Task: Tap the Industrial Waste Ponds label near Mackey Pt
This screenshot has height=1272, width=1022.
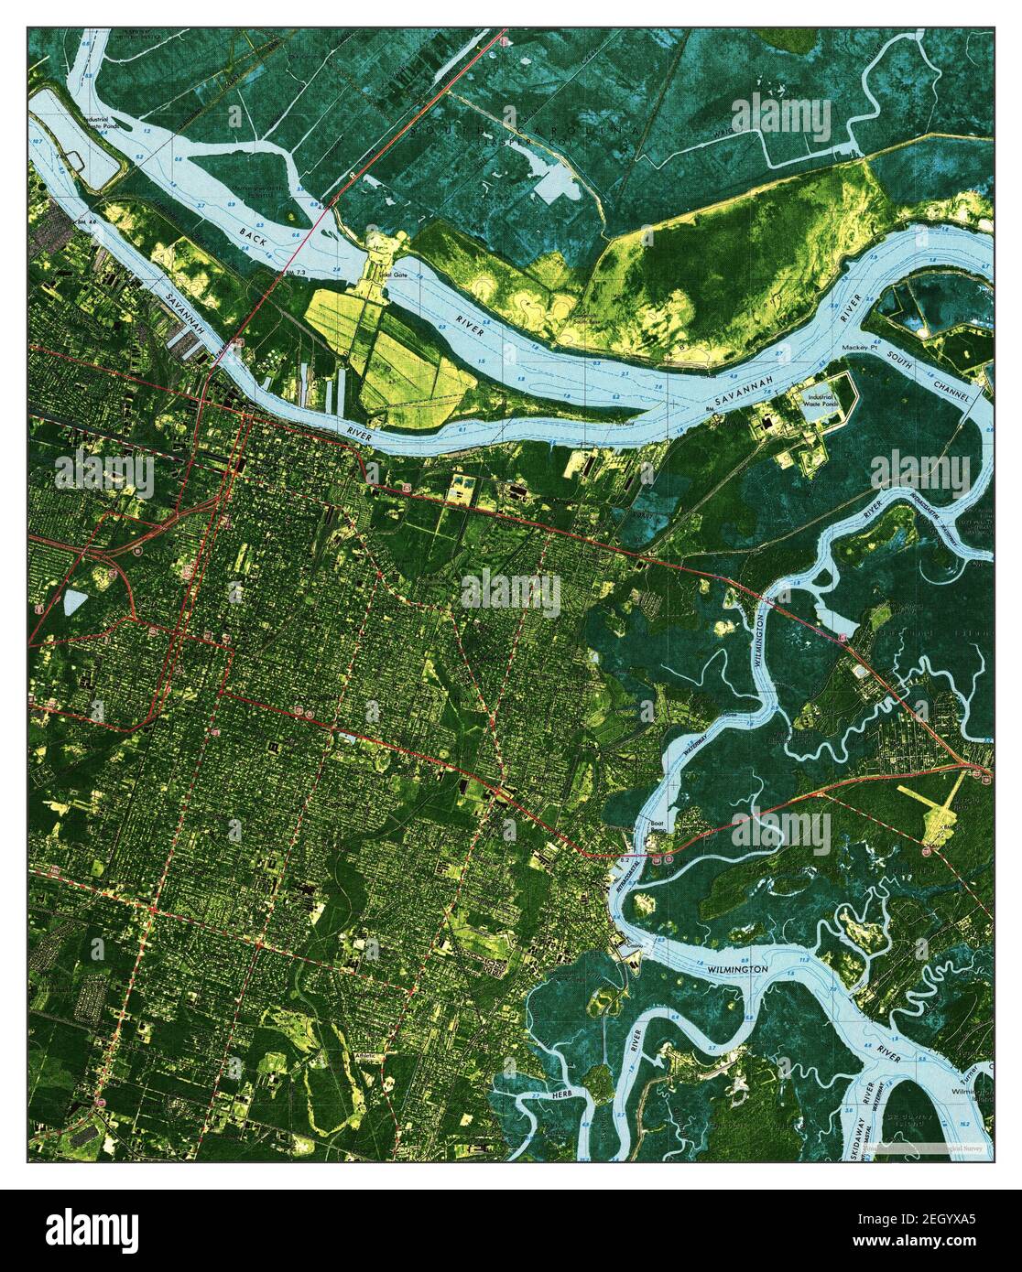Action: [823, 401]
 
